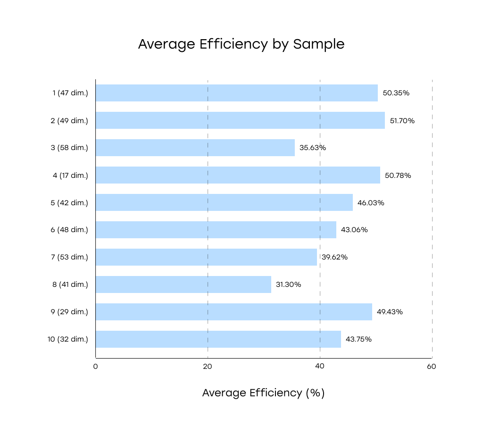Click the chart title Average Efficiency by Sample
coord(241,44)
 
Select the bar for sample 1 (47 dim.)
coord(236,93)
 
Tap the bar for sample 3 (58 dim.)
coord(195,148)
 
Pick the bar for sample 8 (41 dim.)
coord(183,284)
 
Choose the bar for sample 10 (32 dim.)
coord(218,339)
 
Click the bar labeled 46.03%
coord(224,202)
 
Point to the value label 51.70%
coord(402,121)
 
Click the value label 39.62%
coord(334,257)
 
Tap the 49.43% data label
coord(390,312)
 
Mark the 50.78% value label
coord(398,176)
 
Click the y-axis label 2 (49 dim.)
coord(69,121)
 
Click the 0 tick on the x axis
coord(95,367)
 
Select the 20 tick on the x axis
coord(208,367)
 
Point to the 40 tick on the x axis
coord(320,367)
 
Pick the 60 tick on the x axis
coord(432,367)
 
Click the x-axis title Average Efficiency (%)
coord(263,393)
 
